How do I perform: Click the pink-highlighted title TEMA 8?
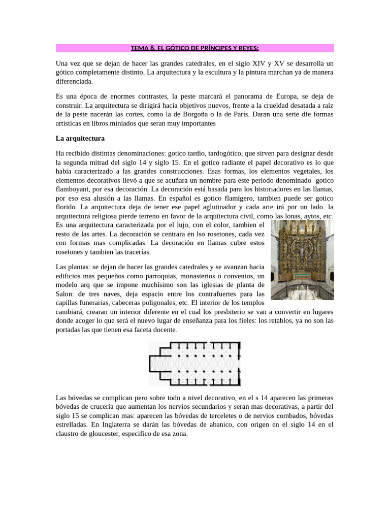(194, 48)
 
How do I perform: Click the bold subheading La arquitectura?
(80, 138)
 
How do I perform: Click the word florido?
(67, 207)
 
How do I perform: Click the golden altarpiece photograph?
(302, 259)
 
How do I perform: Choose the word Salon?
(66, 294)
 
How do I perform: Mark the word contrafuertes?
(216, 294)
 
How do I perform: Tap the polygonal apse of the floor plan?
(155, 364)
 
